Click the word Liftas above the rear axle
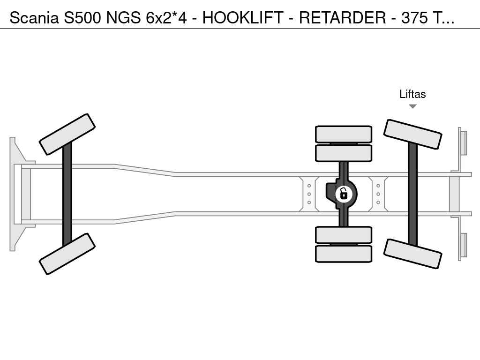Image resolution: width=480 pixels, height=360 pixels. (x=412, y=94)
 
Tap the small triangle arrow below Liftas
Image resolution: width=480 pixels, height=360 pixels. (x=412, y=106)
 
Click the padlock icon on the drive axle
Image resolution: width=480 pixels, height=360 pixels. (x=344, y=194)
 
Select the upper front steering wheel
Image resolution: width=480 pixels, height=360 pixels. (x=67, y=134)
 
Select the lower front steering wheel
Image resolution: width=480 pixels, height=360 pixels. (x=67, y=254)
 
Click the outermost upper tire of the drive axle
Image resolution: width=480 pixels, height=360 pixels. (x=344, y=134)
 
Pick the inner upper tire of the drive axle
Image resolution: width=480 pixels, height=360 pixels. (x=344, y=153)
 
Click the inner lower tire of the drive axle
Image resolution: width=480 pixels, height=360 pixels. (x=344, y=235)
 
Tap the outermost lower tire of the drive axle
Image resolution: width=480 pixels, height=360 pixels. (x=344, y=254)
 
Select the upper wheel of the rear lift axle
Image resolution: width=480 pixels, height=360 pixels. (x=412, y=134)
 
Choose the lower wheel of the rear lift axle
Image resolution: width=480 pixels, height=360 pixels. (x=412, y=254)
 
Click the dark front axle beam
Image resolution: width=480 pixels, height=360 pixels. (x=67, y=194)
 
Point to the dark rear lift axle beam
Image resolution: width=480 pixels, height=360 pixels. (x=412, y=194)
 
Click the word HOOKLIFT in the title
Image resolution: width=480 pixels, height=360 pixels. (x=243, y=18)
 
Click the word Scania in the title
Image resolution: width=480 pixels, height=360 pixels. (x=35, y=18)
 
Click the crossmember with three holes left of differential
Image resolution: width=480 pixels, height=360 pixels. (x=309, y=194)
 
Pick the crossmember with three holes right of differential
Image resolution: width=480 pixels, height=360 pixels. (x=378, y=194)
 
